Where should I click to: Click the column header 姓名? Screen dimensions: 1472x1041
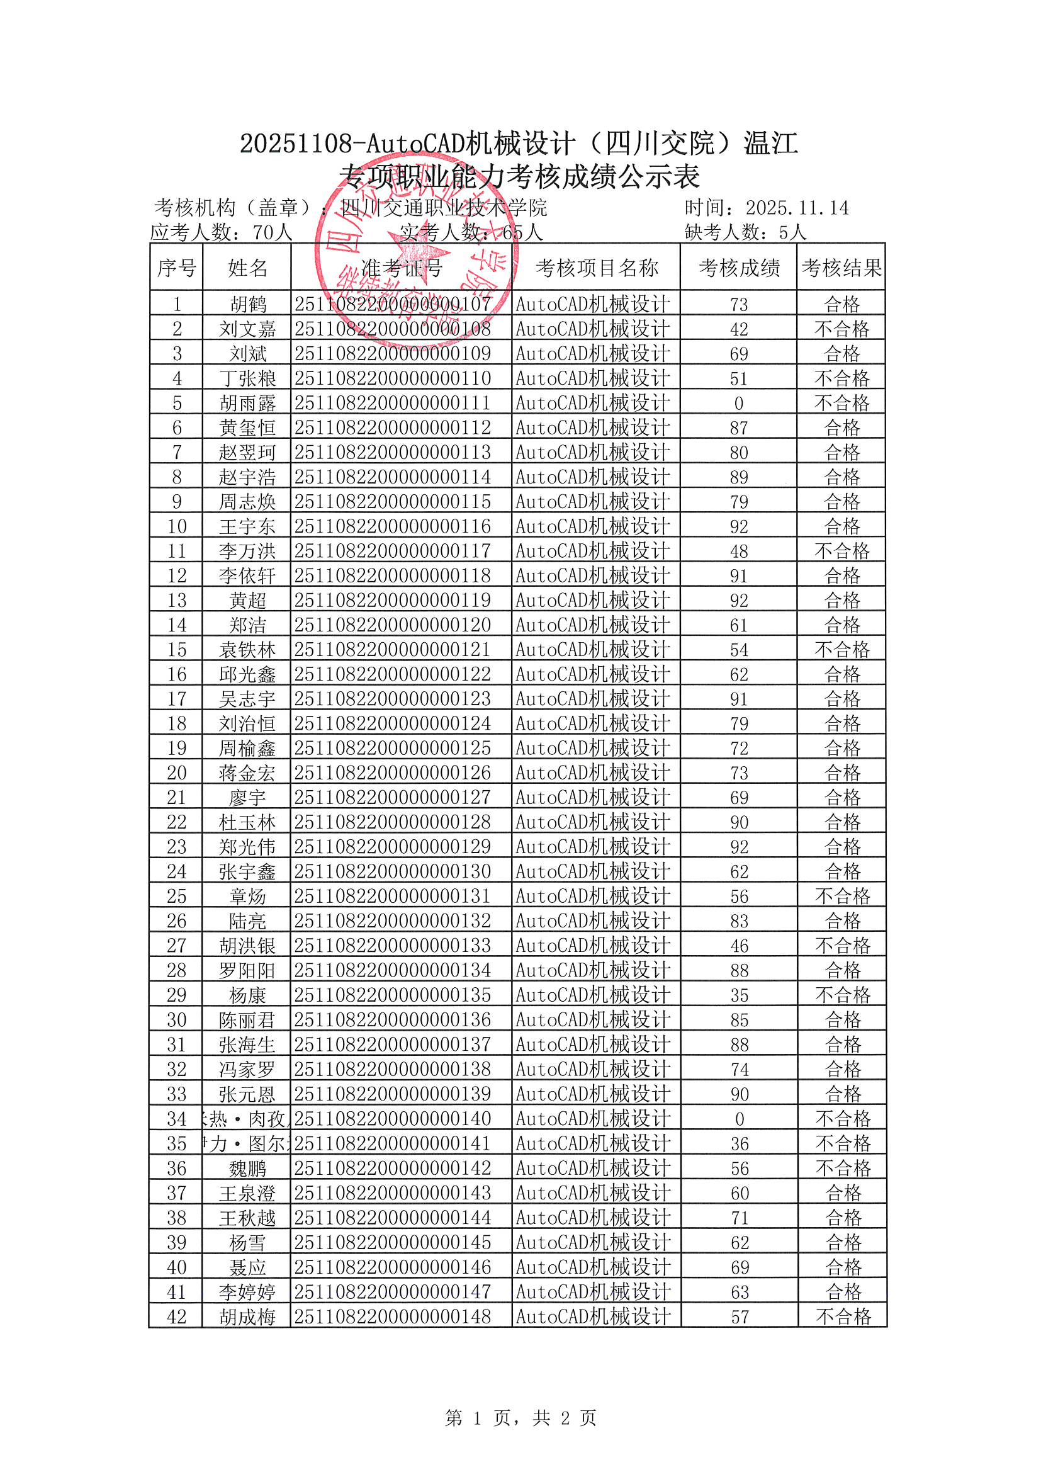(x=247, y=268)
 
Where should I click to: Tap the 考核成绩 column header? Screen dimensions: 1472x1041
(x=739, y=268)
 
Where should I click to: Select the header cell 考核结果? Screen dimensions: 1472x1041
(x=841, y=268)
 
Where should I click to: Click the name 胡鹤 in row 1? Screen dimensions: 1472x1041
(x=247, y=304)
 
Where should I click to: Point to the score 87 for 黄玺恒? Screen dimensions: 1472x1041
(x=739, y=427)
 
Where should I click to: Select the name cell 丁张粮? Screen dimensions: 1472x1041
(x=247, y=378)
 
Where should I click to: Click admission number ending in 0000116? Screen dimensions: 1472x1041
(x=392, y=526)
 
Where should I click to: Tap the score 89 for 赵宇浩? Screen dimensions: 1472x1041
(x=739, y=477)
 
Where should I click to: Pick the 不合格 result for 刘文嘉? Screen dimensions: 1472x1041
(x=841, y=329)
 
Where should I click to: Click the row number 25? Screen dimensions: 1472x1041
(x=176, y=897)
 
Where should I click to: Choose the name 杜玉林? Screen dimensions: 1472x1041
(x=247, y=822)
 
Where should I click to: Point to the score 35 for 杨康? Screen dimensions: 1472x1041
(x=739, y=995)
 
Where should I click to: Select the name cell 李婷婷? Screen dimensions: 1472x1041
(x=247, y=1291)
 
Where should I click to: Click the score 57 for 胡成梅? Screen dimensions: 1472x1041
(x=740, y=1316)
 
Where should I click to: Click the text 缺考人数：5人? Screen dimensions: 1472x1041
(x=745, y=232)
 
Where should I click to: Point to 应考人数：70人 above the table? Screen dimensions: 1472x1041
(x=221, y=232)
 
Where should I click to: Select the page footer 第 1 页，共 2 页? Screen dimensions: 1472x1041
(x=520, y=1417)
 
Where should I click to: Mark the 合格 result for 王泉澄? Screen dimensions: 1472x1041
(x=843, y=1192)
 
